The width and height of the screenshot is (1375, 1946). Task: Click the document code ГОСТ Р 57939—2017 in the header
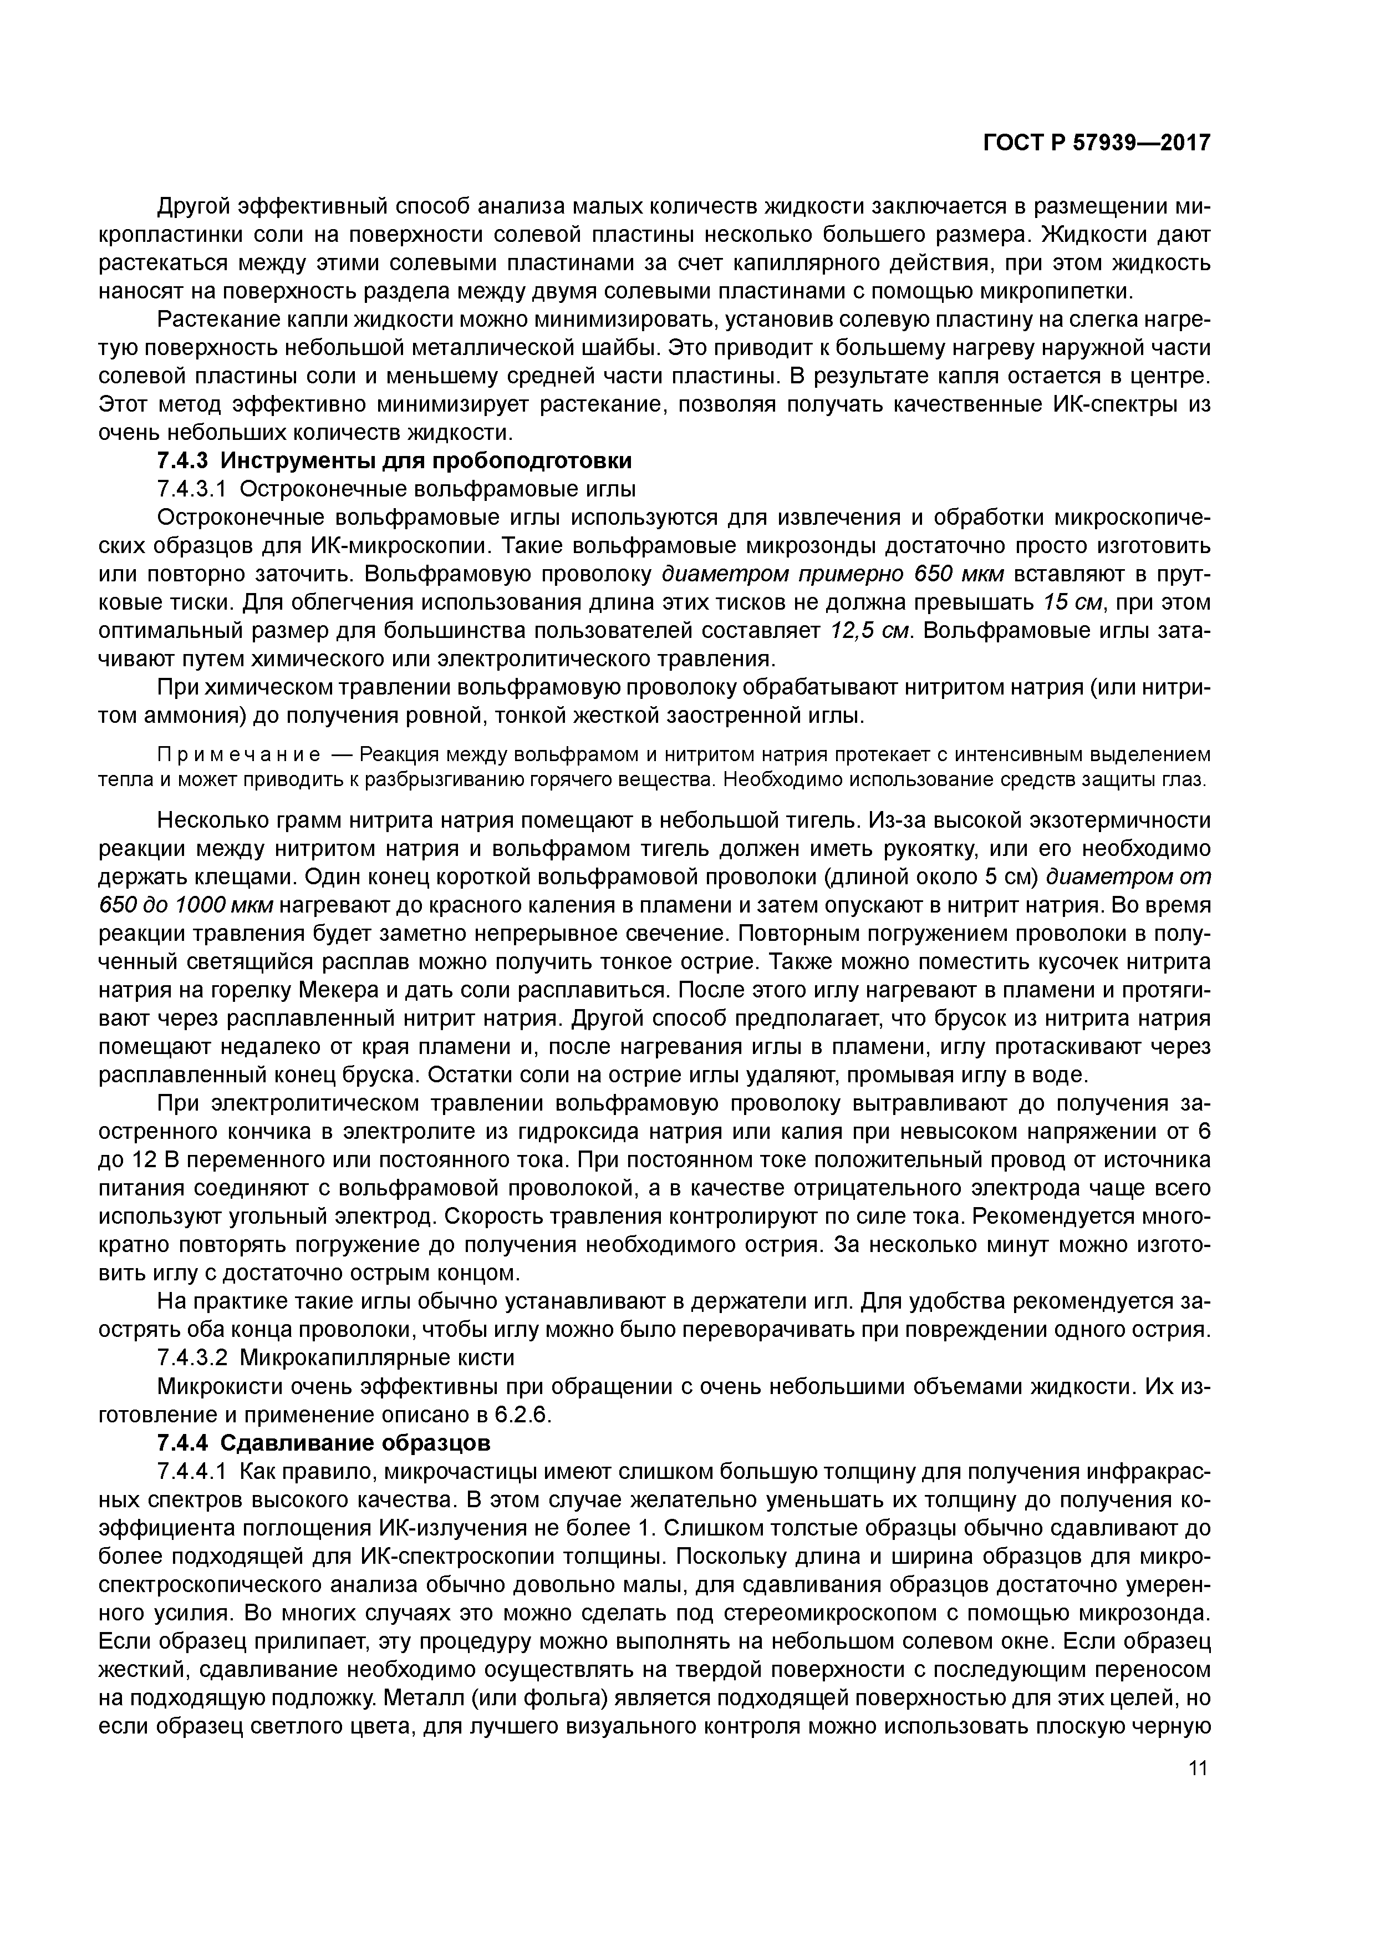[1096, 143]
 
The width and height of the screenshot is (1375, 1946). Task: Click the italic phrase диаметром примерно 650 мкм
[832, 575]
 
